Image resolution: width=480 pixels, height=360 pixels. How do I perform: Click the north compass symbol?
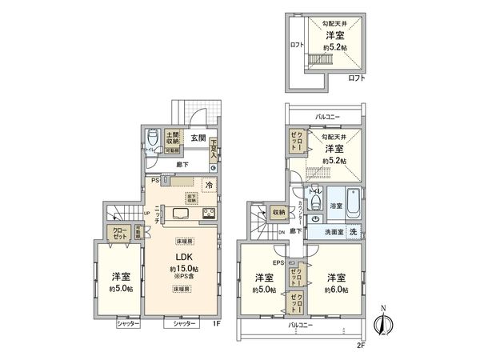[382, 322]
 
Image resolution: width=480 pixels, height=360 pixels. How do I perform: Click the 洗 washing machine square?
[352, 232]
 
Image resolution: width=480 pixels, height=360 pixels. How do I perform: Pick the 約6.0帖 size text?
[335, 288]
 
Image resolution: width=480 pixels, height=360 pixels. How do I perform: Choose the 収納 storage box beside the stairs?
[278, 212]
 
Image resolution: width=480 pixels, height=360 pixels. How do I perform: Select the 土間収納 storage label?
[172, 137]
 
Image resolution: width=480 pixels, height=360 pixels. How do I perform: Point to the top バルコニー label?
[326, 117]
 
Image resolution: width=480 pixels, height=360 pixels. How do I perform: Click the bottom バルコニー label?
[305, 326]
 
